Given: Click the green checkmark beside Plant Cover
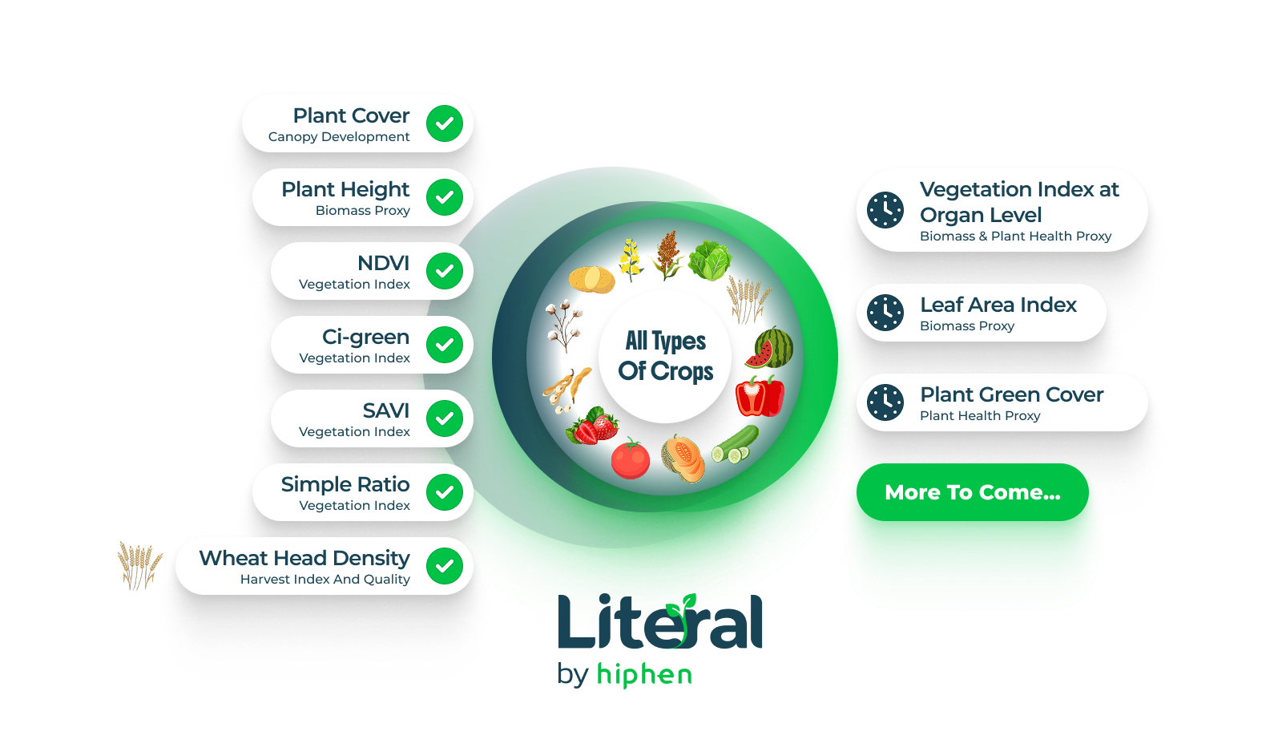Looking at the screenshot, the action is (445, 123).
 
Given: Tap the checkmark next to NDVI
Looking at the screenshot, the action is (445, 271).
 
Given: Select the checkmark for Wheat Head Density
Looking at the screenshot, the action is (445, 566).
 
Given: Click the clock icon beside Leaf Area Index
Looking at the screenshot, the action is (885, 313).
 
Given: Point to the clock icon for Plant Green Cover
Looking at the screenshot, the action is (885, 402).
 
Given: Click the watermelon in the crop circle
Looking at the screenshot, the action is (769, 347).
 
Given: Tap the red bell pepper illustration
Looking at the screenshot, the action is (760, 396).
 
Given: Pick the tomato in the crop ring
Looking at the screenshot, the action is (631, 459).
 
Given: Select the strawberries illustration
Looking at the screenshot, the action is (592, 427).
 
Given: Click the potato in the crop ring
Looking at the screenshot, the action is (592, 280).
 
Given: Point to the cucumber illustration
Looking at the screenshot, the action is (735, 444).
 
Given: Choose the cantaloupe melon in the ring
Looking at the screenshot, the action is (683, 459).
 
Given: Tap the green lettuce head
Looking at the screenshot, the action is (710, 261).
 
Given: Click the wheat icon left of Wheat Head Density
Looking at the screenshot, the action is (140, 566).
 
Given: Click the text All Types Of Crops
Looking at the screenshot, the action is (666, 356).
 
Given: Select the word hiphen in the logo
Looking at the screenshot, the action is (644, 675).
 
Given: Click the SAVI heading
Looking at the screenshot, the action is (386, 410).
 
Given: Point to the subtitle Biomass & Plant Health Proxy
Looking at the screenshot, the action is (1015, 236).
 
